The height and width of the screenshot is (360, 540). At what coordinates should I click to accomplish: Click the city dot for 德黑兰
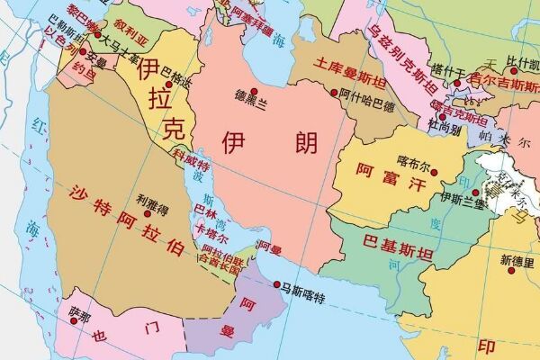(x=255, y=92)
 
